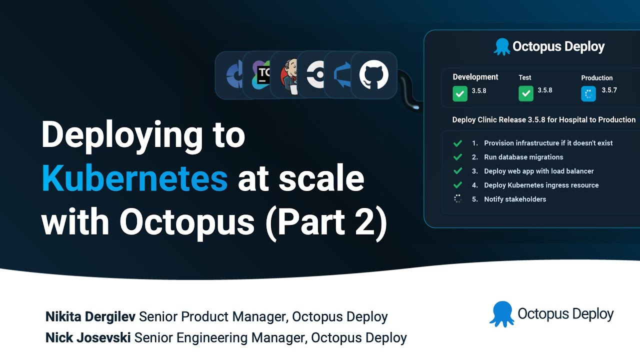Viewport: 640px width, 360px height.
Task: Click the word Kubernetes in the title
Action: pos(134,179)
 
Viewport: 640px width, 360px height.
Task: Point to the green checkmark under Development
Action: pos(460,93)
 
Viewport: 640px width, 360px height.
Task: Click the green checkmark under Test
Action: pos(526,93)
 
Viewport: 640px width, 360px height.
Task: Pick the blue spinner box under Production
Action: pos(588,93)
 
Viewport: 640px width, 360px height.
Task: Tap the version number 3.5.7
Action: pos(609,90)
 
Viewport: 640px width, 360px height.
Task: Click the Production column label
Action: pos(596,78)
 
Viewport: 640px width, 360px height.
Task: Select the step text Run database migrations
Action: pos(523,157)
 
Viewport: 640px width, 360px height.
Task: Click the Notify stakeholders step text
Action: pos(515,199)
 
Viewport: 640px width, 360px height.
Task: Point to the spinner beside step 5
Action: pos(457,199)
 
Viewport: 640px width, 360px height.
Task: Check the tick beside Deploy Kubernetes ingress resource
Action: pos(457,185)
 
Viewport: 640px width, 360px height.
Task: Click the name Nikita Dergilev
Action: pos(90,316)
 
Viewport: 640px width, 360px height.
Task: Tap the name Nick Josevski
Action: pos(88,338)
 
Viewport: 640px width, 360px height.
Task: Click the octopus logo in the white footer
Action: pos(501,314)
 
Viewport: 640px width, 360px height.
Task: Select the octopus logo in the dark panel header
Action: pos(501,47)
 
